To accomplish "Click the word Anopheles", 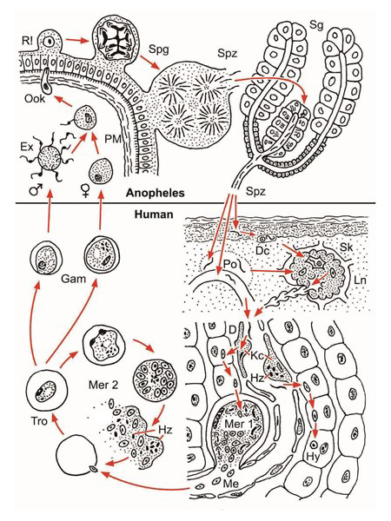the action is click(x=155, y=193).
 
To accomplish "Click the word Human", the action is click(x=154, y=214).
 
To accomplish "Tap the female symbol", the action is click(x=86, y=192).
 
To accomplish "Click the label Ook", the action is click(x=35, y=99).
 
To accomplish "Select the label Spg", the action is click(x=159, y=49).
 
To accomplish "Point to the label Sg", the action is click(x=316, y=25).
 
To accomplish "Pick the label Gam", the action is click(x=73, y=279).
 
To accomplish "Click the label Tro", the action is click(x=40, y=421).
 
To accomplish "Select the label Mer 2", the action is click(x=103, y=385).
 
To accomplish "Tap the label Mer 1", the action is click(x=238, y=424).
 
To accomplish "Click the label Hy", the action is click(x=313, y=457).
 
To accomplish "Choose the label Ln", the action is click(x=360, y=280).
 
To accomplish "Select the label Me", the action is click(x=231, y=484).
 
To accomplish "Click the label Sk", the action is click(x=346, y=247).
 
